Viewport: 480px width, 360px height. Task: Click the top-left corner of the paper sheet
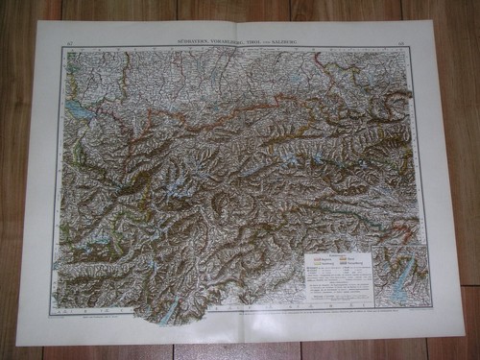tap(39, 23)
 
